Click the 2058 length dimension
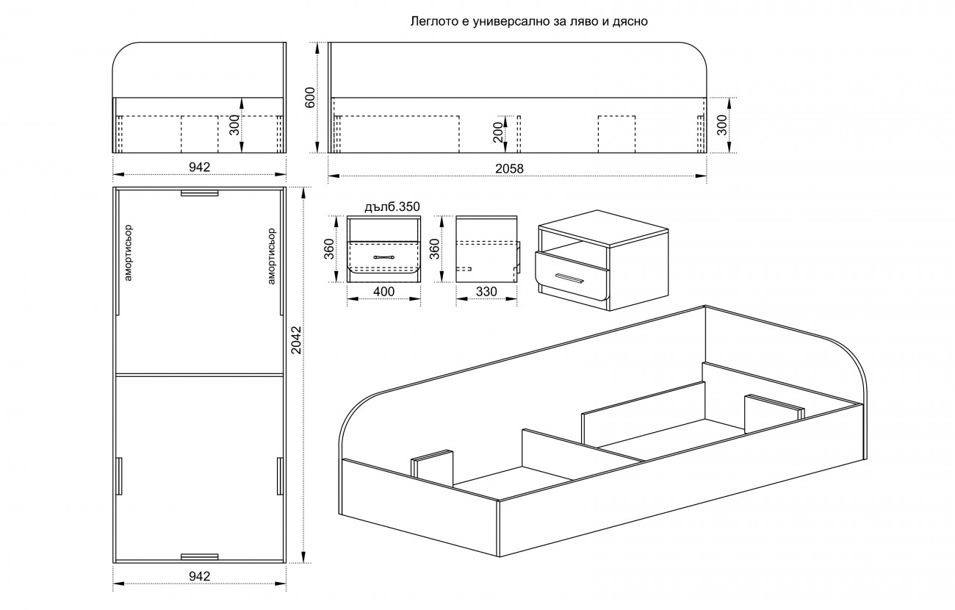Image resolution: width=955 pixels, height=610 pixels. (x=509, y=169)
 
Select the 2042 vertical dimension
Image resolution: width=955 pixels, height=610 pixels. (x=296, y=340)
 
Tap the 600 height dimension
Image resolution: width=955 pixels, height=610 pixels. (x=310, y=97)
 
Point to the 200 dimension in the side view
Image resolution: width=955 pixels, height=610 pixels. (x=497, y=132)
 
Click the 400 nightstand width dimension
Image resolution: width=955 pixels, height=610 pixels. (x=383, y=292)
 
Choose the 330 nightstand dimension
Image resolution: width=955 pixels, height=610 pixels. (x=486, y=292)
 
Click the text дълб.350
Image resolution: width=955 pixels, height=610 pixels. (x=392, y=207)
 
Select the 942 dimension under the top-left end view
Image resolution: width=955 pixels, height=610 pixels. (x=200, y=168)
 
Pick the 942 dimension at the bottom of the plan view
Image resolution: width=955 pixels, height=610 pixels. (x=200, y=576)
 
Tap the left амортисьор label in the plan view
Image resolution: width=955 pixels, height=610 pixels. (x=129, y=253)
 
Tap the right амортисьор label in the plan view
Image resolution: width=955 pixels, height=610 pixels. (x=271, y=256)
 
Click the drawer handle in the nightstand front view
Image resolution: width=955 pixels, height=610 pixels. (x=383, y=257)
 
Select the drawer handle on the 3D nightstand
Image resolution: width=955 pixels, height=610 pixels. (x=569, y=277)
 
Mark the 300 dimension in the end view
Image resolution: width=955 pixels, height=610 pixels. (x=234, y=125)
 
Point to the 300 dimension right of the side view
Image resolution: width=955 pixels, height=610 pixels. (x=721, y=125)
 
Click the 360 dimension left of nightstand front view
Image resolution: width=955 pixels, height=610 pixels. (x=328, y=249)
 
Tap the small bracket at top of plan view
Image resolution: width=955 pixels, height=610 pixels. (x=200, y=193)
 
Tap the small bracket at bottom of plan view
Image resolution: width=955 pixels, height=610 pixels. (x=200, y=556)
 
